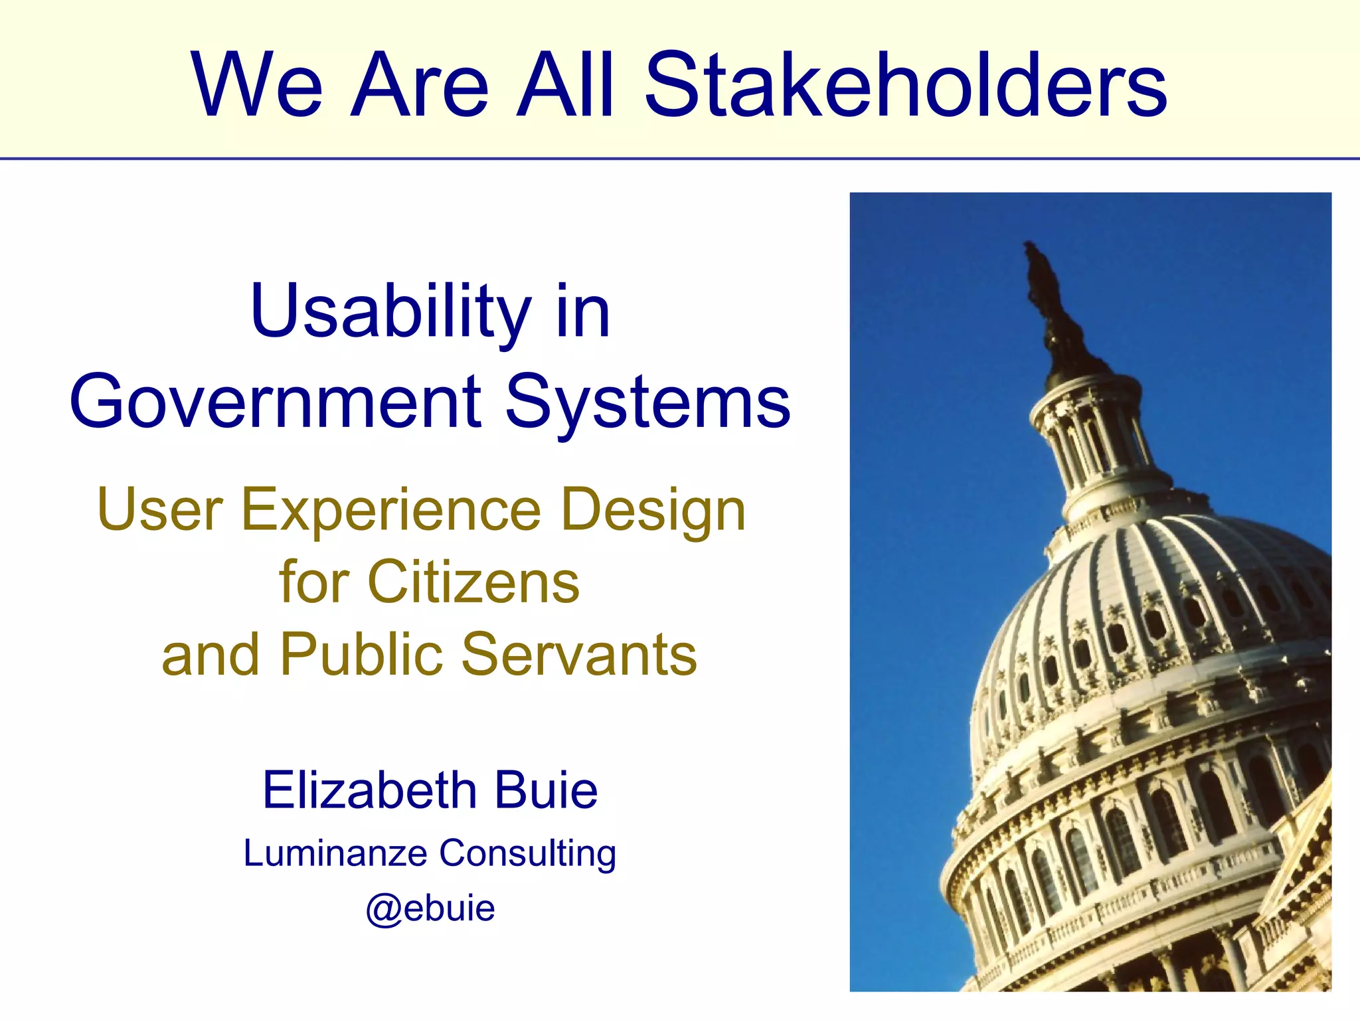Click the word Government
276,402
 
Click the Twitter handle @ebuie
430,908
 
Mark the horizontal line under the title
680,159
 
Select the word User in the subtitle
160,509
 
